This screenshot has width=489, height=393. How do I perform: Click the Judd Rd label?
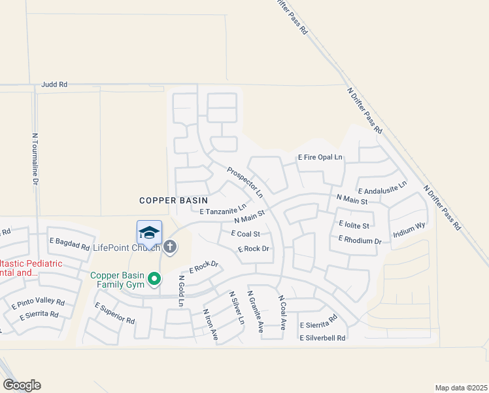tap(54, 84)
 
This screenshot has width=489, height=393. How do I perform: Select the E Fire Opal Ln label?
tap(320, 157)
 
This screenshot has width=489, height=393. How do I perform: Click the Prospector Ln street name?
tap(244, 183)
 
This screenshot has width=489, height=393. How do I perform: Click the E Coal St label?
tap(246, 234)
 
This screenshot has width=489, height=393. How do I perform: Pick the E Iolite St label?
tap(354, 225)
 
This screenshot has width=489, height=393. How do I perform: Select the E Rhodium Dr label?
tap(360, 240)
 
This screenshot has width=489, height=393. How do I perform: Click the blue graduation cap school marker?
tap(149, 233)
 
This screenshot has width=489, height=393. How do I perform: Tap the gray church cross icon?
tap(170, 247)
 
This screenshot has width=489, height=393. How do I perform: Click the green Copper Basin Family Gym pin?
tap(154, 280)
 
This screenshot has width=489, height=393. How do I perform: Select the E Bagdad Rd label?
tap(69, 244)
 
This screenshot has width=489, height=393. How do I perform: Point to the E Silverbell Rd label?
tap(322, 338)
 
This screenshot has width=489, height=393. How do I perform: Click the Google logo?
tap(22, 385)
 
